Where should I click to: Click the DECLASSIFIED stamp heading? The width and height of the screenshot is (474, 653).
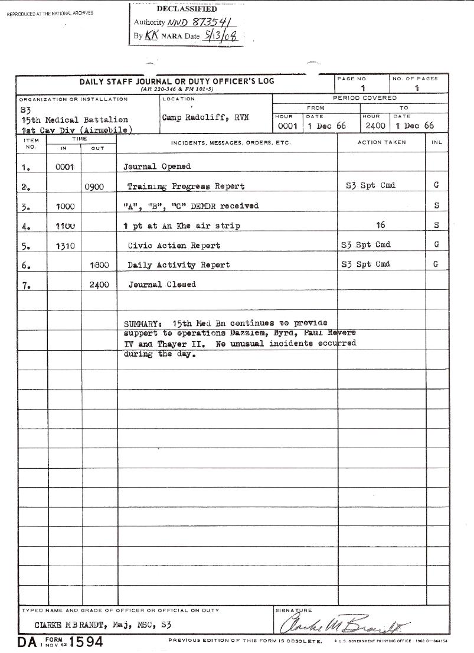point(187,9)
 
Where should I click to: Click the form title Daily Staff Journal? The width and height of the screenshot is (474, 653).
point(176,81)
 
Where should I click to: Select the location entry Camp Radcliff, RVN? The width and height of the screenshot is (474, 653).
point(205,117)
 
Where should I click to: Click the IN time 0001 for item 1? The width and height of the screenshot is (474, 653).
point(64,167)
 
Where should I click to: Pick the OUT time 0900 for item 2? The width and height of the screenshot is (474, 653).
point(94,187)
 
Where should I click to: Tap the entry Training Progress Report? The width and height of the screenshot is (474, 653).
point(186,187)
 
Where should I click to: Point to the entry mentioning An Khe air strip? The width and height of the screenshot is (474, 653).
point(182,226)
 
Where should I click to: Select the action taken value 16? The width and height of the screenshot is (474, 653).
point(380,225)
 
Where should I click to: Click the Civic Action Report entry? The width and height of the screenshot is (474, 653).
point(174,245)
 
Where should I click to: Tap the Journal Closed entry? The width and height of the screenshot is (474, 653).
point(162,285)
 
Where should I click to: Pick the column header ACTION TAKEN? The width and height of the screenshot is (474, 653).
point(381,143)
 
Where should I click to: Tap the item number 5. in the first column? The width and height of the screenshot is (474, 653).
point(26,246)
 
